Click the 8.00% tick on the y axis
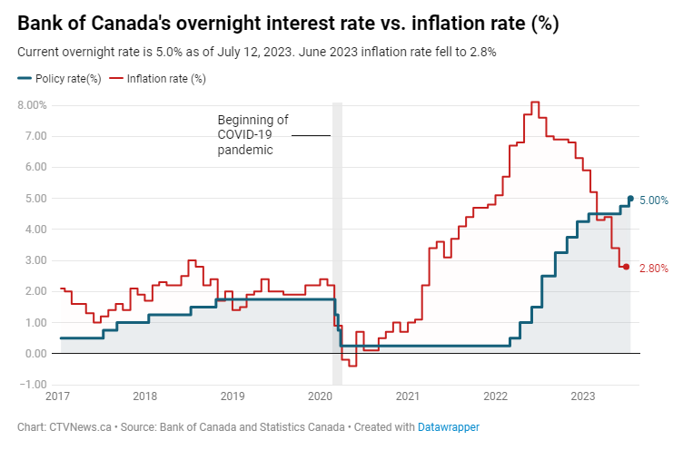pos(32,105)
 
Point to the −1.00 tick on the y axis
pos(34,384)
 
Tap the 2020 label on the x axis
pos(321,396)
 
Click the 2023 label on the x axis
pos(582,396)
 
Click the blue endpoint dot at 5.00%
pos(630,199)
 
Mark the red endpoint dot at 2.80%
pos(626,267)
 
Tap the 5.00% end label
pos(654,201)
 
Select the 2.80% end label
pos(654,269)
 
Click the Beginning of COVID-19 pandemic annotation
pos(252,135)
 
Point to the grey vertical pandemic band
pos(337,227)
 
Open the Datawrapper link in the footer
pos(449,426)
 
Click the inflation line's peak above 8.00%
pos(534,103)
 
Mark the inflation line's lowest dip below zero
pos(351,365)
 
